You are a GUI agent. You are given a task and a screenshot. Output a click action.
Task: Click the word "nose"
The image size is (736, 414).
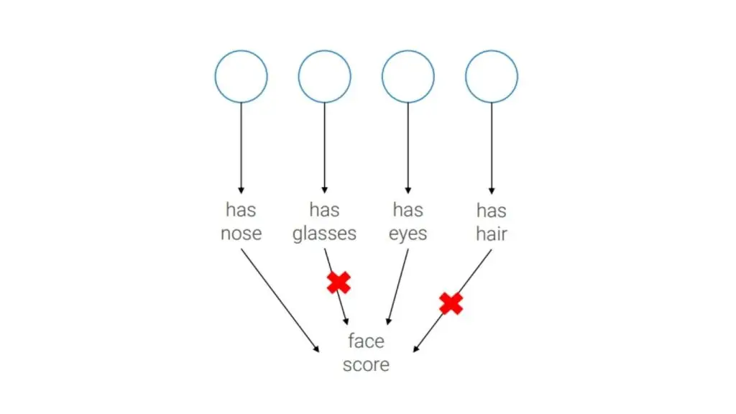[241, 234]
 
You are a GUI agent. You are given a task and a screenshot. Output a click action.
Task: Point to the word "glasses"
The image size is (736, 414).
[324, 234]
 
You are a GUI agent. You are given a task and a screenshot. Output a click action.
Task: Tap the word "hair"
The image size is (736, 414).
[492, 234]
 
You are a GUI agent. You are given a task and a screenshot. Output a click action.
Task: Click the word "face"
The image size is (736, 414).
[366, 341]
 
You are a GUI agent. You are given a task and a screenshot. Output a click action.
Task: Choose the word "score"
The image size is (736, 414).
[366, 365]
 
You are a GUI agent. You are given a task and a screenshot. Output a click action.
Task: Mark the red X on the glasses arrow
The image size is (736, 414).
[339, 282]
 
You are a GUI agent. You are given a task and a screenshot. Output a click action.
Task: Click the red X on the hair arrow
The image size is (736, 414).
[451, 304]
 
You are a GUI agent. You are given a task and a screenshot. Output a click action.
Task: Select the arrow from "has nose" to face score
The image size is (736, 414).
[280, 300]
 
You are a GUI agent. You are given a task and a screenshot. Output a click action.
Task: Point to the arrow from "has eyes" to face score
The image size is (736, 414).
[397, 287]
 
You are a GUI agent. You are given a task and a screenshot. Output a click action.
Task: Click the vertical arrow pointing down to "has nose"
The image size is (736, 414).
[241, 148]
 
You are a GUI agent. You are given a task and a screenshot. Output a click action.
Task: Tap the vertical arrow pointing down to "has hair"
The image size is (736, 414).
[492, 148]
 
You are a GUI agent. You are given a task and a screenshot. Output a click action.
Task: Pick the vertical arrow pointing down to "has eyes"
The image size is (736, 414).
[408, 148]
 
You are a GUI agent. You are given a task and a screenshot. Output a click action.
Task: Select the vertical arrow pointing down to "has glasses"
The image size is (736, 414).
[324, 148]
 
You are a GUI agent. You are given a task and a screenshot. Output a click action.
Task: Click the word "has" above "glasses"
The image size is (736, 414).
[324, 210]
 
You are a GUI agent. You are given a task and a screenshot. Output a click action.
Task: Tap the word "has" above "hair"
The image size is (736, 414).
[492, 211]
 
